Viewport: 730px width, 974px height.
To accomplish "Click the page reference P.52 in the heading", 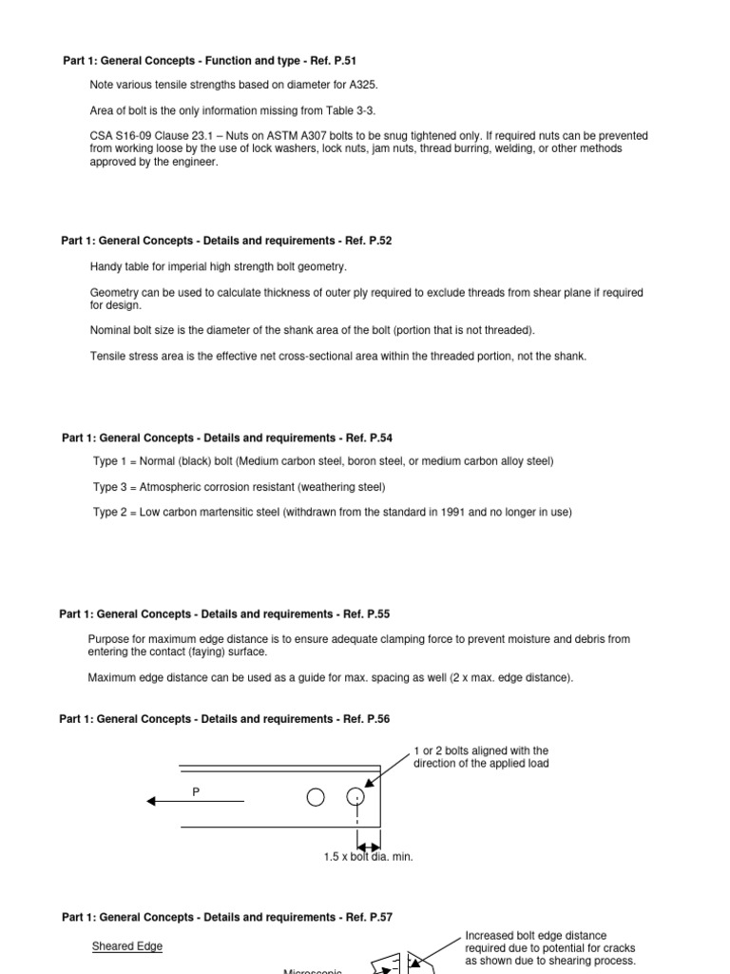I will [x=375, y=241].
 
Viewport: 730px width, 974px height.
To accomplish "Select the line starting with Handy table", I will [x=219, y=266].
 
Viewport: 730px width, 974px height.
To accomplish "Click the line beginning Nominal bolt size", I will [x=312, y=330].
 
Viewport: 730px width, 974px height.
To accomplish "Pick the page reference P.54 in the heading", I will [x=375, y=438].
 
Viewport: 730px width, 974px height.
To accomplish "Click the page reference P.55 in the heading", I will [x=373, y=614].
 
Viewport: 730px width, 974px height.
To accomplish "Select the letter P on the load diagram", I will [x=197, y=791].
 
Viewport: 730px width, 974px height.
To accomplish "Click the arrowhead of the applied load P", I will [x=152, y=802].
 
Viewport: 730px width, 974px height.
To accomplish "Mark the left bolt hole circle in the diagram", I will [x=316, y=797].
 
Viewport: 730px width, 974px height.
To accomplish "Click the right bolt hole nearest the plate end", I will [x=356, y=797].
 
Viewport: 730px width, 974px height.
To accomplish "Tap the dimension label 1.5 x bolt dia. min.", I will [x=368, y=857].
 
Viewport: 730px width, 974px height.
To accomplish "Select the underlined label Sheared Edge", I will [x=126, y=946].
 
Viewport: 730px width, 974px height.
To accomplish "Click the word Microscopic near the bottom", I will [x=313, y=970].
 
